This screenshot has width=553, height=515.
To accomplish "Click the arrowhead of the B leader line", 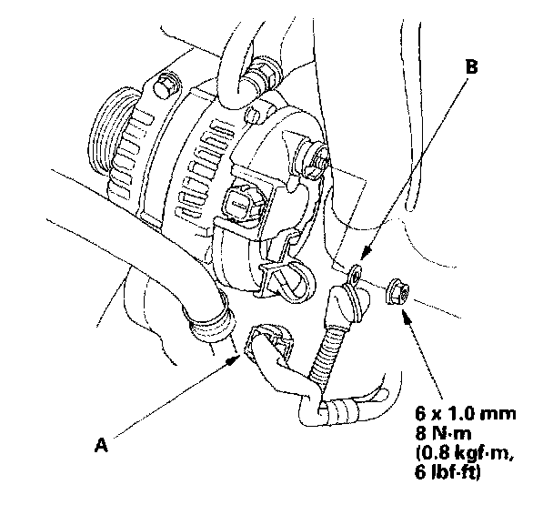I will pyautogui.click(x=363, y=257).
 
